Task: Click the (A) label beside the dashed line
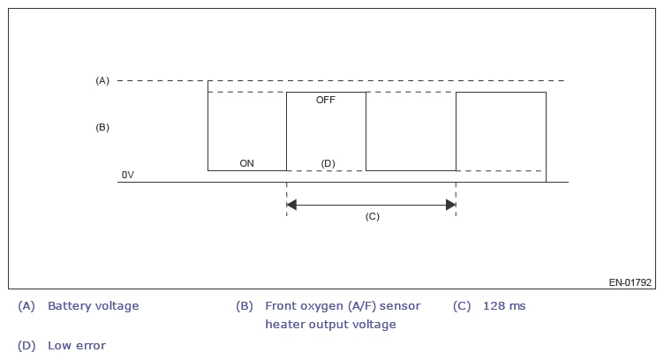click(102, 81)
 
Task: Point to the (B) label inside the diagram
click(102, 127)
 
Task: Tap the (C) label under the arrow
click(372, 216)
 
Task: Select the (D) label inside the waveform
click(328, 163)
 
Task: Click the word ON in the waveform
click(247, 163)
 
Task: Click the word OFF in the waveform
click(326, 101)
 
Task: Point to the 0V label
click(128, 175)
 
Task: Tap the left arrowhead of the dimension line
click(292, 205)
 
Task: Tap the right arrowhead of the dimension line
click(450, 205)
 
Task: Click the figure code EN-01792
click(630, 283)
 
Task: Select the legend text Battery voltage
click(93, 306)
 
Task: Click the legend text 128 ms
click(504, 306)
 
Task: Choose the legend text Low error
click(76, 345)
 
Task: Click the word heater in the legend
click(284, 324)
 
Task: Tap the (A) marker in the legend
click(26, 306)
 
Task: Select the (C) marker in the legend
click(462, 306)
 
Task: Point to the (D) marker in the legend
click(26, 345)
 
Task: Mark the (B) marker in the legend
click(245, 306)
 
